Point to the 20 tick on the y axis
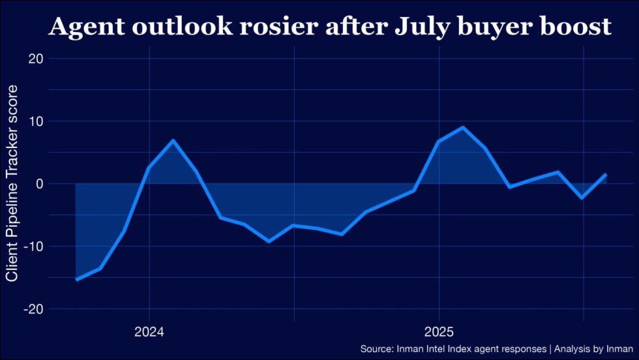35,59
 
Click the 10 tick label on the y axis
35,121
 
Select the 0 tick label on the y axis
39,184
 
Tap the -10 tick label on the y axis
33,247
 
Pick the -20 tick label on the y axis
33,309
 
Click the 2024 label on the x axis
149,331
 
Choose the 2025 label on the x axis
439,331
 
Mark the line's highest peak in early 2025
463,127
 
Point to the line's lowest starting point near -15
76,280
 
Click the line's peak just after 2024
173,140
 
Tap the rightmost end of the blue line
606,174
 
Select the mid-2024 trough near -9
269,241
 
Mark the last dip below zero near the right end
582,198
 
